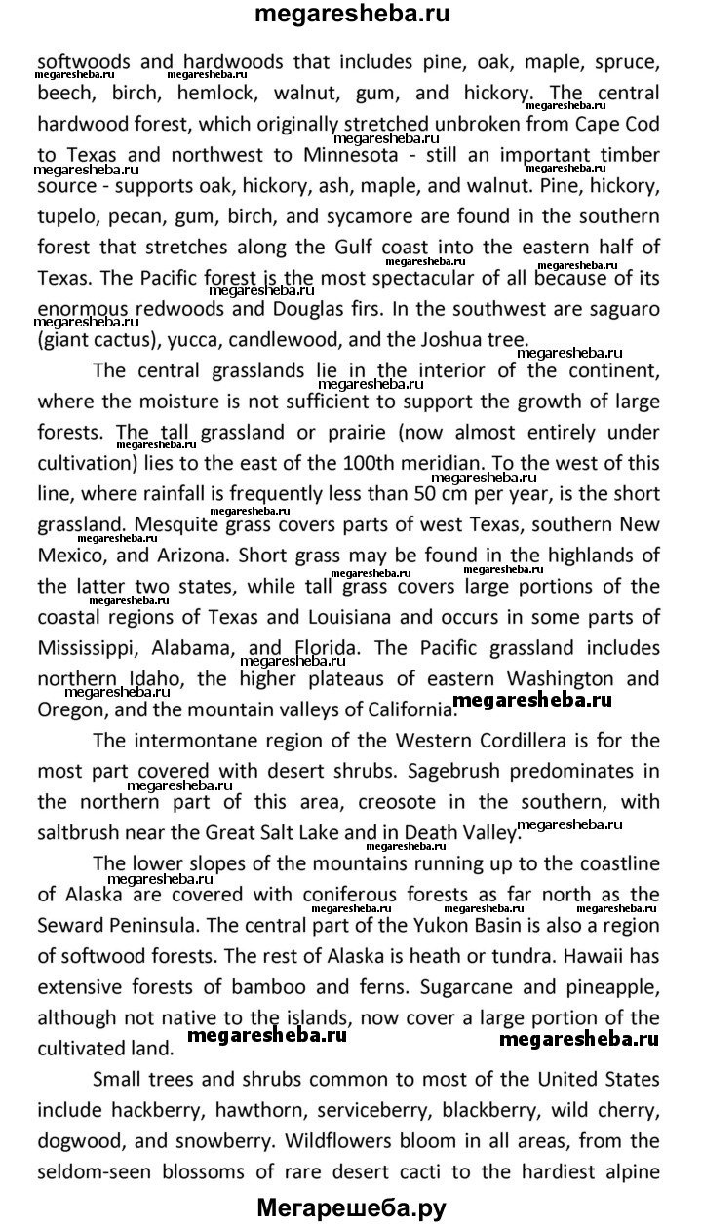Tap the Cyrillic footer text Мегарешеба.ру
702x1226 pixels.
tap(351, 1208)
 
